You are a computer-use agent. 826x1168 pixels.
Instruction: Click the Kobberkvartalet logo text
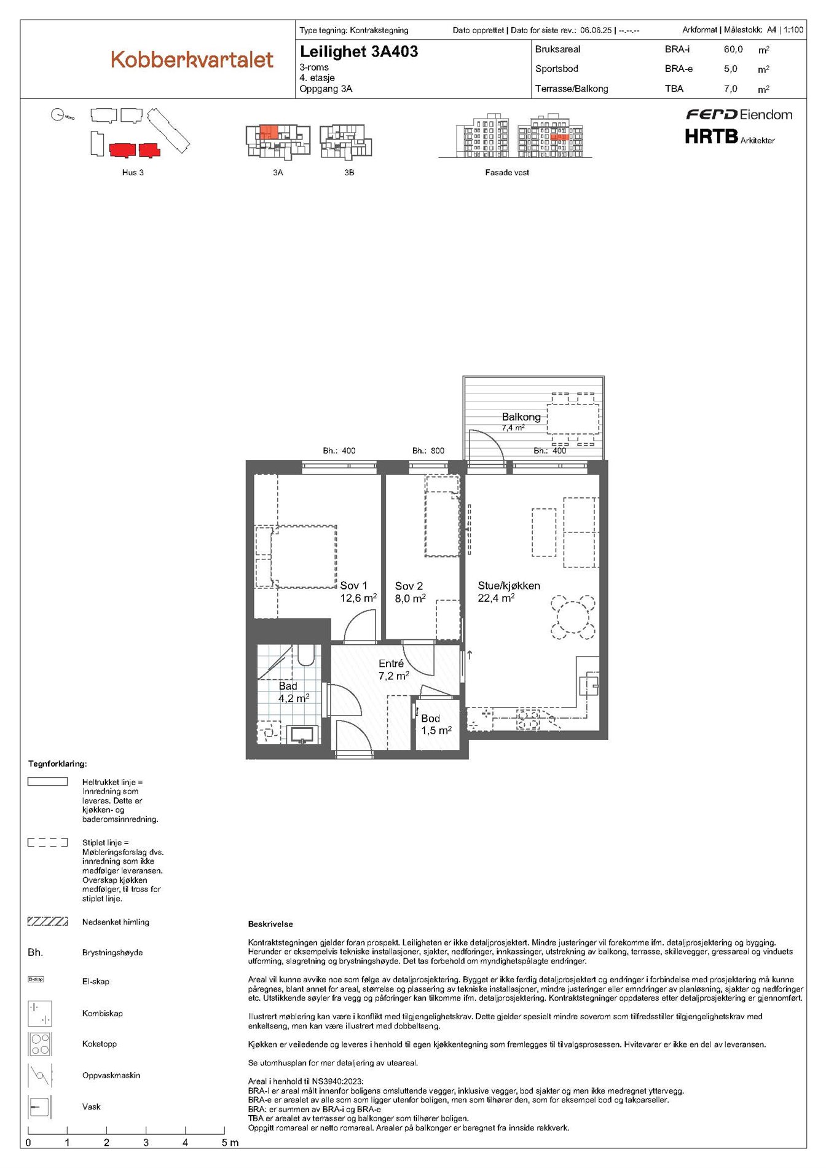[192, 60]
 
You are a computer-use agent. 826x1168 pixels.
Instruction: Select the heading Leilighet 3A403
[359, 52]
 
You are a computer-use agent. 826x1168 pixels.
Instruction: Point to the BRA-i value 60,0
[733, 49]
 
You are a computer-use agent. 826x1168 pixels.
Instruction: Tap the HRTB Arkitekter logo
[730, 136]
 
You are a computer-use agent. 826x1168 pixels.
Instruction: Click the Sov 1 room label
[353, 586]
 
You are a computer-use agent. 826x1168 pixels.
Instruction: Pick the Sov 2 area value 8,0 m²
[410, 598]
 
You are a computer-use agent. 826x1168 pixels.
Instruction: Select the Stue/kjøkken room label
[509, 586]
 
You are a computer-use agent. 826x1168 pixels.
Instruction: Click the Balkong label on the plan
[521, 417]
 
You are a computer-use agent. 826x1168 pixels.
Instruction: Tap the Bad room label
[288, 686]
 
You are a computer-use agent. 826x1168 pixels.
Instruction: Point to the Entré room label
[391, 664]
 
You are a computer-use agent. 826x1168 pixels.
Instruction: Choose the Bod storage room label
[430, 719]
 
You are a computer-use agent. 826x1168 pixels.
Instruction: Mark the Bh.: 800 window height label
[428, 451]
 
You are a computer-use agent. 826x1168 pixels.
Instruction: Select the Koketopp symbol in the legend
[40, 1044]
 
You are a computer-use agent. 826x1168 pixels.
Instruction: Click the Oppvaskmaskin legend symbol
[40, 1075]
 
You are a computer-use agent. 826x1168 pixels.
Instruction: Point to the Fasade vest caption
[507, 173]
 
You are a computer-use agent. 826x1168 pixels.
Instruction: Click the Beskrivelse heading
[270, 924]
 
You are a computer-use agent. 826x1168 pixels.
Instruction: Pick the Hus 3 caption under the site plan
[133, 173]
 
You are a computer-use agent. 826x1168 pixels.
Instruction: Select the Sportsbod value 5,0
[730, 69]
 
